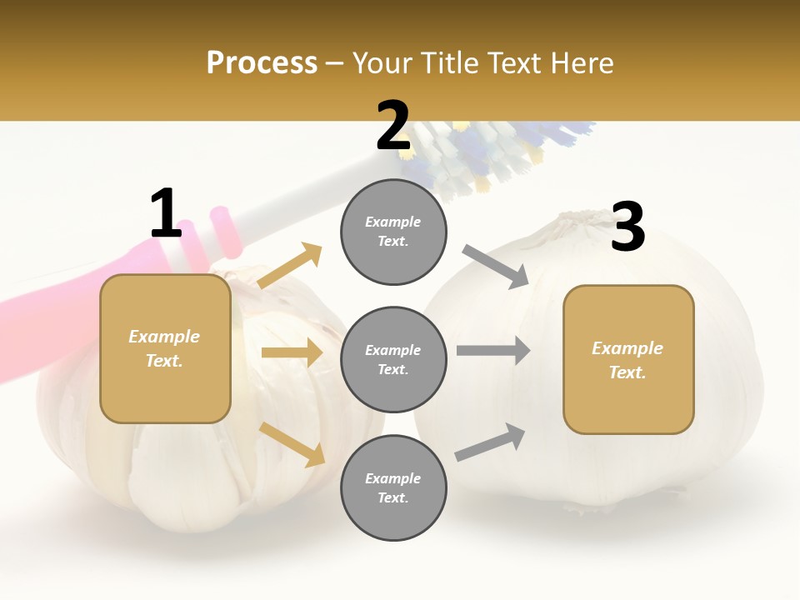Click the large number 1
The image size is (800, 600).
click(166, 213)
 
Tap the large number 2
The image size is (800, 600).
click(392, 127)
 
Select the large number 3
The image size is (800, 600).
click(627, 227)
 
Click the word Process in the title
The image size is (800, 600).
click(262, 62)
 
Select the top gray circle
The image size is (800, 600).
click(393, 232)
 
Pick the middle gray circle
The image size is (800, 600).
click(393, 359)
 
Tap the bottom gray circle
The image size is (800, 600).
click(393, 487)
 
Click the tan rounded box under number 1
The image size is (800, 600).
click(165, 348)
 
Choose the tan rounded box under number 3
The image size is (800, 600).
click(628, 359)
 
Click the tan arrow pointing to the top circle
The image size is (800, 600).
click(291, 265)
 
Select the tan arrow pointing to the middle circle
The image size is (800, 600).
click(292, 352)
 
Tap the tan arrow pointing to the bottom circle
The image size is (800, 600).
click(292, 444)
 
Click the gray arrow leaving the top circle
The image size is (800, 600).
click(496, 266)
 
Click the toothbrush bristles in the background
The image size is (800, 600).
click(483, 154)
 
